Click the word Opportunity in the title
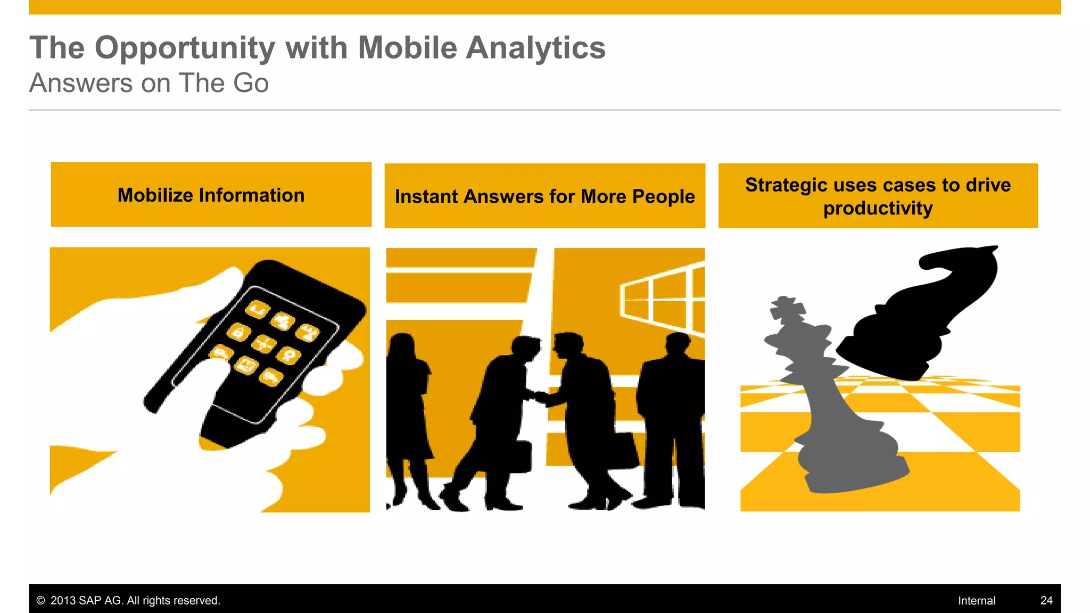[185, 48]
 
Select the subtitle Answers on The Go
[149, 83]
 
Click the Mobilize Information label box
[211, 195]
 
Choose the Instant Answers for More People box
[544, 196]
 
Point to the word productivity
[878, 209]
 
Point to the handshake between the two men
[539, 396]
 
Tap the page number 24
[1046, 600]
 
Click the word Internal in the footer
[976, 600]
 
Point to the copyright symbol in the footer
[40, 600]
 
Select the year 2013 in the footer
[63, 600]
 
